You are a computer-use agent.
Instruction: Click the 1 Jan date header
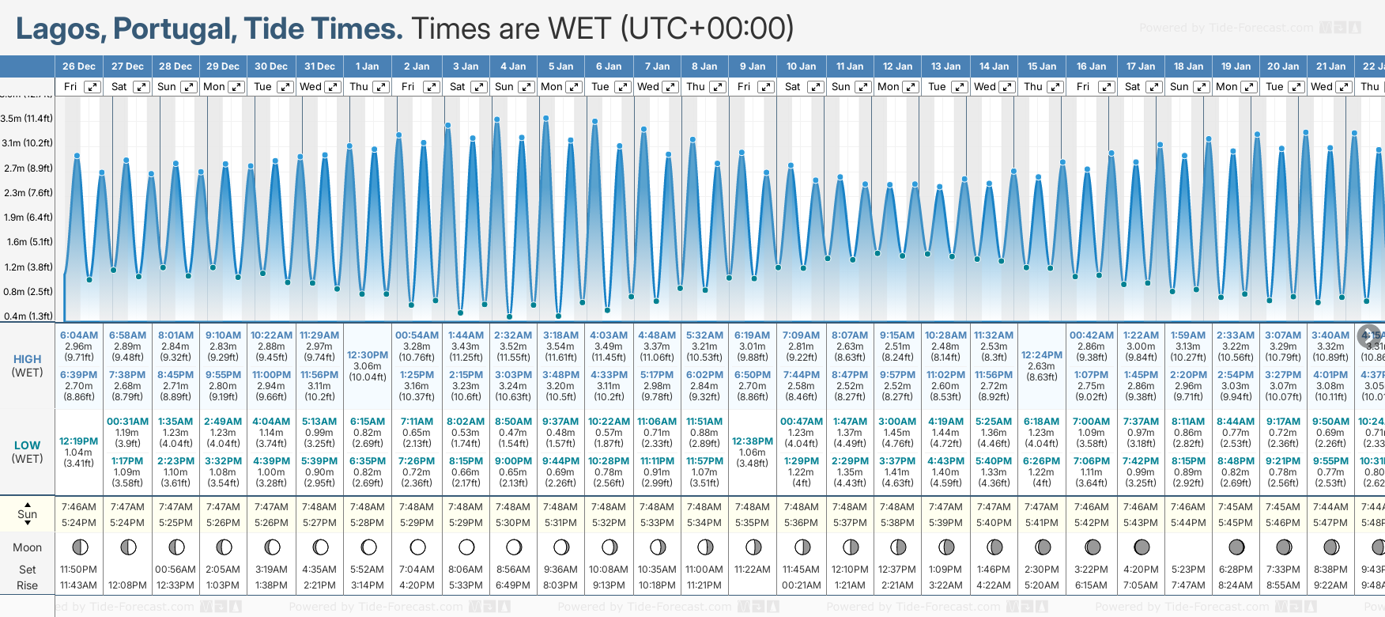pyautogui.click(x=367, y=66)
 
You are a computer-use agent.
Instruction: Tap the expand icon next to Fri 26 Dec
pyautogui.click(x=92, y=87)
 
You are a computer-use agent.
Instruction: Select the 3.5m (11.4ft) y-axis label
pyautogui.click(x=27, y=119)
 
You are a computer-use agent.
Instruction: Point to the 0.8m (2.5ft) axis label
pyautogui.click(x=28, y=292)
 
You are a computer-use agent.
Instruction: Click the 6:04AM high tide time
pyautogui.click(x=79, y=335)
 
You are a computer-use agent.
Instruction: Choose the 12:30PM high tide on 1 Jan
pyautogui.click(x=368, y=355)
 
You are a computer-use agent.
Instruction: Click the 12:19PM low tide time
pyautogui.click(x=79, y=441)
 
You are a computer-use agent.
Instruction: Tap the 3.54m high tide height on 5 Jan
pyautogui.click(x=560, y=346)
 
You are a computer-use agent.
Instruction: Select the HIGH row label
pyautogui.click(x=27, y=359)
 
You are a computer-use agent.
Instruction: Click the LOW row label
pyautogui.click(x=27, y=445)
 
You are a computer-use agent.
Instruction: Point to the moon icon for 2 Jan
pyautogui.click(x=417, y=547)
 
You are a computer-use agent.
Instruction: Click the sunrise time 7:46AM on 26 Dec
pyautogui.click(x=79, y=507)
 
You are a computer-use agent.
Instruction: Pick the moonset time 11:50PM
pyautogui.click(x=79, y=570)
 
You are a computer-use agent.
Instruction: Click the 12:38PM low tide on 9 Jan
pyautogui.click(x=752, y=441)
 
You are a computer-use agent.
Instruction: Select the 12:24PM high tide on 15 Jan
pyautogui.click(x=1042, y=355)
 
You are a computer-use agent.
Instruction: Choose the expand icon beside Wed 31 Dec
pyautogui.click(x=333, y=87)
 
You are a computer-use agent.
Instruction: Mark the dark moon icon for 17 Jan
pyautogui.click(x=1142, y=547)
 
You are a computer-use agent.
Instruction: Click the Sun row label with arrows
pyautogui.click(x=27, y=514)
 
